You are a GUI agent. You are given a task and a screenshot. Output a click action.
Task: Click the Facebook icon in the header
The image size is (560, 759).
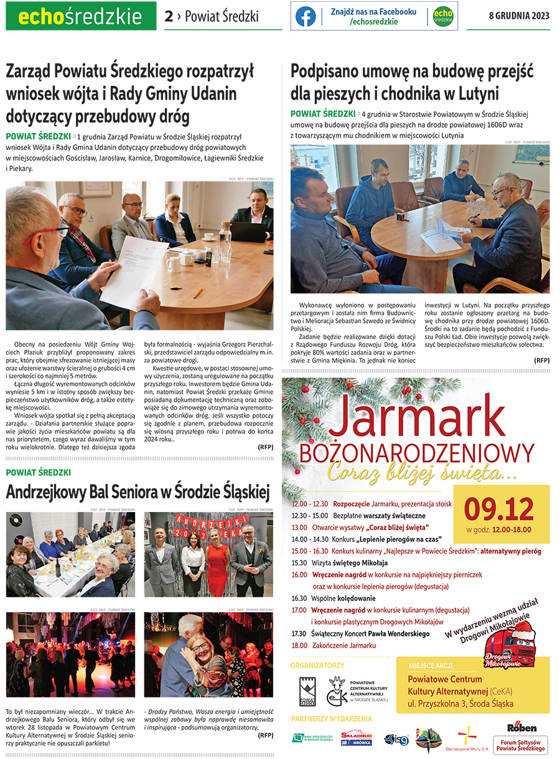(306, 17)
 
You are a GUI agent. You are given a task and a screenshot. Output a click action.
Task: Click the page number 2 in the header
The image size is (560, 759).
(169, 17)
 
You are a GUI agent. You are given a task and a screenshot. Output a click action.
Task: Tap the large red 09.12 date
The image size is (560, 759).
(499, 509)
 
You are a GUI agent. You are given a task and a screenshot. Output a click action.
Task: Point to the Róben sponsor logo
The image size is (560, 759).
(521, 727)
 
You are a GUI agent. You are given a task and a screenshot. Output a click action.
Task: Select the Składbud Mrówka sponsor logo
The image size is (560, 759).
(357, 738)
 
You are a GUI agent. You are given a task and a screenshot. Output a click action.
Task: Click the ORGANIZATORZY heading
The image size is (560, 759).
(317, 665)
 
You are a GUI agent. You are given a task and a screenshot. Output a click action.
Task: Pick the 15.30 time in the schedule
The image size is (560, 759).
(299, 562)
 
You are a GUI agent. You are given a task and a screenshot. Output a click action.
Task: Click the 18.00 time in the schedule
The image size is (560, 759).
(299, 645)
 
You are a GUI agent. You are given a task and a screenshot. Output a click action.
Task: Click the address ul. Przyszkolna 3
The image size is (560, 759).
(460, 704)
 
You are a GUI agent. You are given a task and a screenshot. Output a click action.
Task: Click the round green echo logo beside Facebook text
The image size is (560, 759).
(442, 17)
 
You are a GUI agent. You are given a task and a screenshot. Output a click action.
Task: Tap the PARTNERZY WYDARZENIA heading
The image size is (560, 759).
(332, 719)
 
